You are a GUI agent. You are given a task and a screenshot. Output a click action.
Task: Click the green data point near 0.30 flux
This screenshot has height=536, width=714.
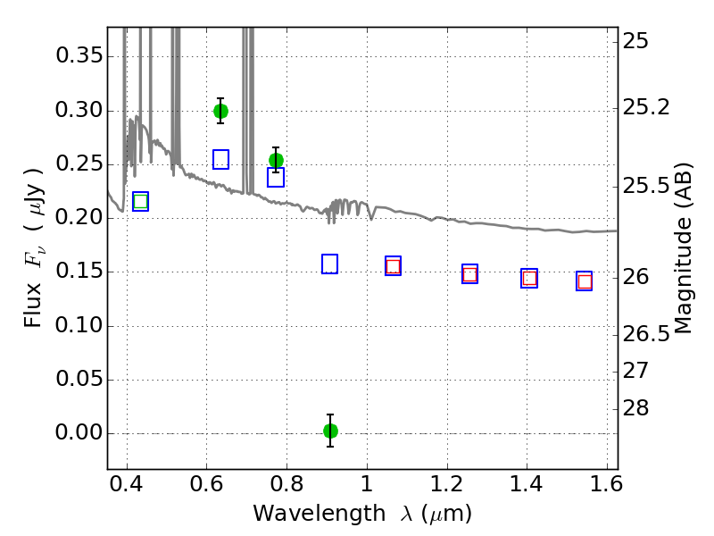coord(220,111)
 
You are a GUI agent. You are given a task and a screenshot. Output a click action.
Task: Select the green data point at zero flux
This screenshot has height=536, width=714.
coord(330,431)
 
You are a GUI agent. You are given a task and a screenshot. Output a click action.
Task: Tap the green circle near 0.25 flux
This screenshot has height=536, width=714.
coord(276,161)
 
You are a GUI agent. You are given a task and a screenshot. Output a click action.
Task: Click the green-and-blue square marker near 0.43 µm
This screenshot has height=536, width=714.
coord(141,202)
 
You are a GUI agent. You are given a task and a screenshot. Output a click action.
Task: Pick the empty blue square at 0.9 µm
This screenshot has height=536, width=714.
coord(329,264)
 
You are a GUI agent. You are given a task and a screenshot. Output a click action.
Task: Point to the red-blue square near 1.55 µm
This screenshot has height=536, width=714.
coord(585,281)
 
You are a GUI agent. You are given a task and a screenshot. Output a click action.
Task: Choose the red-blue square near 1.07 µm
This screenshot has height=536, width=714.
coord(393,266)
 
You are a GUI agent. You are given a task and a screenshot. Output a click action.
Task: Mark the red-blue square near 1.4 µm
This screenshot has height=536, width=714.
coord(529,278)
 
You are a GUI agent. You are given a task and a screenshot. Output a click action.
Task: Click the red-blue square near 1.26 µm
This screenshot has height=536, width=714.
coord(470,274)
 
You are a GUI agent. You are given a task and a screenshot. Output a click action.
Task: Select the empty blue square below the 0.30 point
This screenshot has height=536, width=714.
coord(220,160)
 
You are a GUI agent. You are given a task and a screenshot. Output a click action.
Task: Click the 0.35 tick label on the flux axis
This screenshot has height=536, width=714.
coord(79,55)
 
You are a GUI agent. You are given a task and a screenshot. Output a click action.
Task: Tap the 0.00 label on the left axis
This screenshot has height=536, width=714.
coord(79,432)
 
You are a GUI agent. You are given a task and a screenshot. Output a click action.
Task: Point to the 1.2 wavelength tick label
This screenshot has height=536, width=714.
coord(447,484)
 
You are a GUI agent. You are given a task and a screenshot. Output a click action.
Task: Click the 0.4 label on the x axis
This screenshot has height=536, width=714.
coord(126,484)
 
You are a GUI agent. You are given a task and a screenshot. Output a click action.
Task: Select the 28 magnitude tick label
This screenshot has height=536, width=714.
coord(635,408)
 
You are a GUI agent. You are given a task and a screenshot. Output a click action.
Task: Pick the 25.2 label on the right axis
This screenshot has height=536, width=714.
coord(645,107)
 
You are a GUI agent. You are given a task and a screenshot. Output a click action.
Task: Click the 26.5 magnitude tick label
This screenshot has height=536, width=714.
coord(645,334)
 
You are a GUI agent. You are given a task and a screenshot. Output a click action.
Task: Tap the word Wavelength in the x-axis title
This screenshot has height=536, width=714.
coord(320,514)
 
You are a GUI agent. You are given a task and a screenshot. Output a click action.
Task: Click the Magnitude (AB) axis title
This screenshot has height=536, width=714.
coord(682,248)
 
